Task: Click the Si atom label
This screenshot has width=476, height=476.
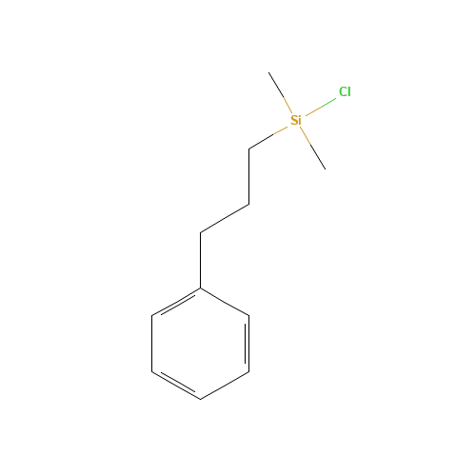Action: (296, 120)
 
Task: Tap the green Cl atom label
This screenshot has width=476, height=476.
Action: (345, 91)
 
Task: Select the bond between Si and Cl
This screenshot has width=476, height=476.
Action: (321, 107)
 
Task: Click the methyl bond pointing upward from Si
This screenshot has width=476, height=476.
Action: (280, 92)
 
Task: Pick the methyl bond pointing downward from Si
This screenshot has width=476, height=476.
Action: (312, 148)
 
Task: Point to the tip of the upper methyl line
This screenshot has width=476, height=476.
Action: (268, 72)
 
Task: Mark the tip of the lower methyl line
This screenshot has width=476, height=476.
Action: (326, 169)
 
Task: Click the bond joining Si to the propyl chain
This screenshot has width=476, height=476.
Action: (268, 138)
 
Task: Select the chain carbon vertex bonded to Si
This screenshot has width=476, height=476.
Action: (249, 149)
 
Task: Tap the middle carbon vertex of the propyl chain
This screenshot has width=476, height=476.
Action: (249, 205)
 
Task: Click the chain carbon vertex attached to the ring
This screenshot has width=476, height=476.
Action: (200, 232)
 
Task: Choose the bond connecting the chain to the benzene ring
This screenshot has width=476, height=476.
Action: (200, 260)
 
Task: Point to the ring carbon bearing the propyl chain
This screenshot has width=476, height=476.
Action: (200, 288)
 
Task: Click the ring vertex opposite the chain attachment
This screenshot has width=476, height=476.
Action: (200, 399)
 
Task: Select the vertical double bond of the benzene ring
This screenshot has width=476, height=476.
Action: (248, 344)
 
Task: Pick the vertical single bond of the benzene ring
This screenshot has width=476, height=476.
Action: (151, 344)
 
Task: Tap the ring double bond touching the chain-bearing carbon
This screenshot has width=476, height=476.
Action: (176, 302)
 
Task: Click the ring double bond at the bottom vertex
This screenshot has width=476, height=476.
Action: (176, 385)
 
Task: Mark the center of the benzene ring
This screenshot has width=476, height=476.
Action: (200, 344)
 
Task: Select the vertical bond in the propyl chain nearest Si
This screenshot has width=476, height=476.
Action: (249, 177)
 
